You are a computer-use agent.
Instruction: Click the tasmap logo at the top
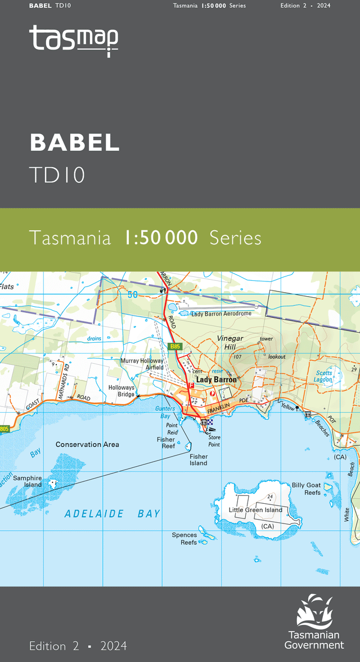(74, 41)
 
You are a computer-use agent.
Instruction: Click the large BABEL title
(74, 142)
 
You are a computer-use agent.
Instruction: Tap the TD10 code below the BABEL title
(57, 175)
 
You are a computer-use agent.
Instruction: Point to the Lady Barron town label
(216, 380)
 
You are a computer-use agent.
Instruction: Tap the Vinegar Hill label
(229, 343)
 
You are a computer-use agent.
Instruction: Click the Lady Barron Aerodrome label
(220, 314)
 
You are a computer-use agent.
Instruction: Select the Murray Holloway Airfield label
(142, 364)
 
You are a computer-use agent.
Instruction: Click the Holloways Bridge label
(121, 391)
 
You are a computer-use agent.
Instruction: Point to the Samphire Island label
(28, 481)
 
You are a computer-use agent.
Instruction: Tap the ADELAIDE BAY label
(112, 513)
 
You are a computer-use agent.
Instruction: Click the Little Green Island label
(255, 510)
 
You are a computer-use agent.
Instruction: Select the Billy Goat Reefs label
(305, 489)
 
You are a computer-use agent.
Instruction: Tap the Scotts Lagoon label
(324, 376)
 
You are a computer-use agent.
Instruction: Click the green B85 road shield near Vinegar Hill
(174, 347)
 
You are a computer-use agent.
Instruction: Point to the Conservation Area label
(87, 445)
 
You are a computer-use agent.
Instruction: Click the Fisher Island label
(198, 460)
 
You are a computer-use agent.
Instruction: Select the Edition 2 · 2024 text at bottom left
(78, 646)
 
